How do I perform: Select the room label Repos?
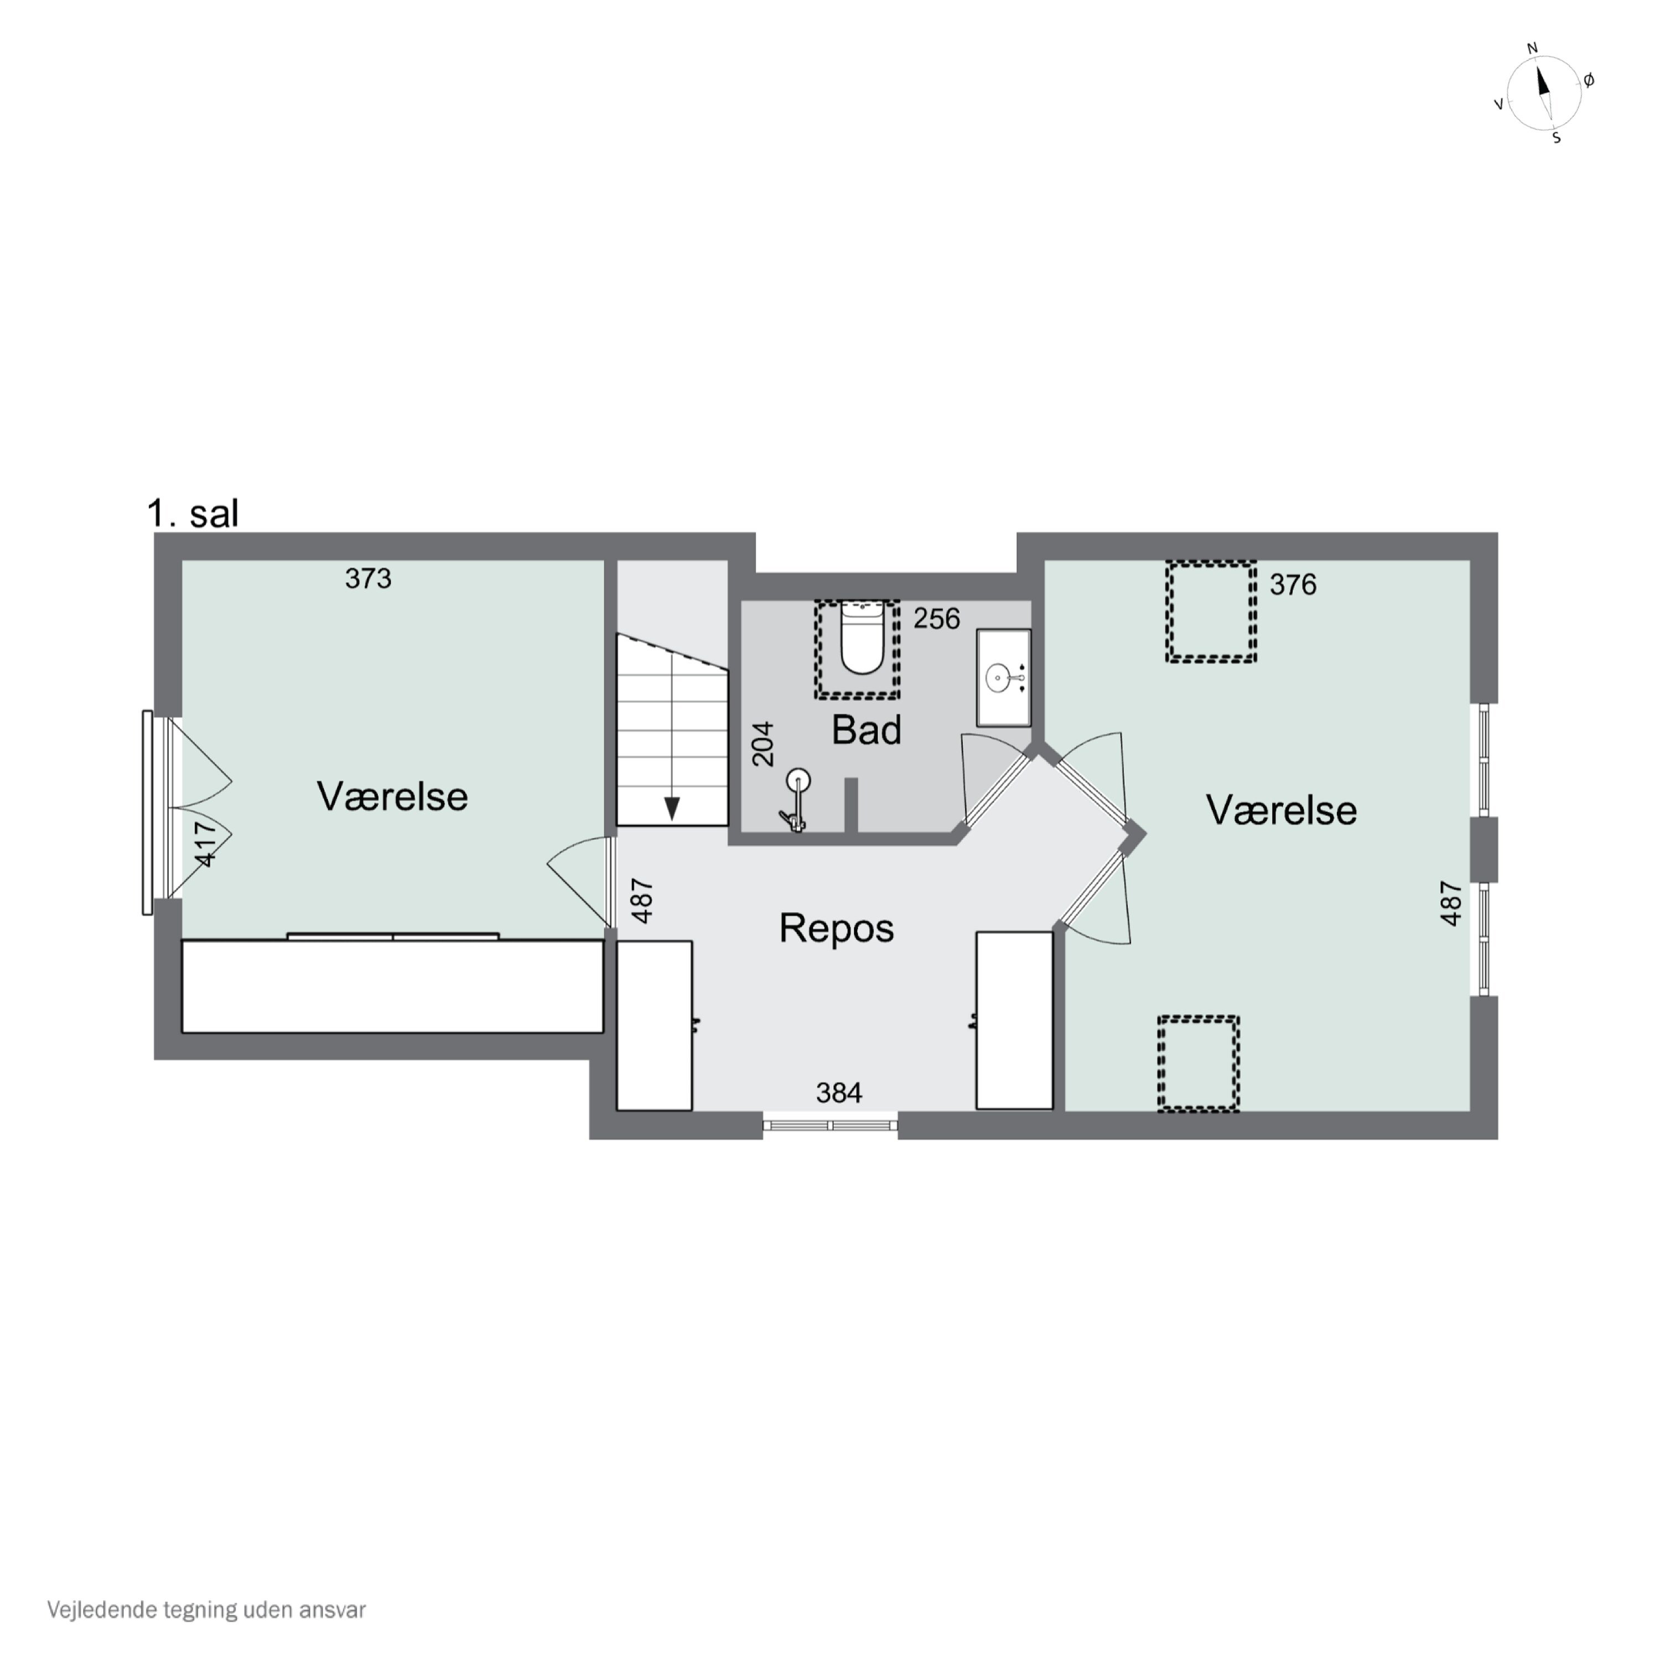(836, 928)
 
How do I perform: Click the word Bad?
(866, 730)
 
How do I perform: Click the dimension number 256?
(937, 619)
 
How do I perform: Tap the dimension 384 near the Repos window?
(839, 1093)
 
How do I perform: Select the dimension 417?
(205, 844)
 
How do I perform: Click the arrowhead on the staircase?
(672, 808)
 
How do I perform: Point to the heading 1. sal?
(193, 514)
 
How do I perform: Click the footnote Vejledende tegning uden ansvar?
(206, 1609)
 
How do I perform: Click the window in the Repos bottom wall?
(830, 1125)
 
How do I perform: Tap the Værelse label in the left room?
(393, 796)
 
